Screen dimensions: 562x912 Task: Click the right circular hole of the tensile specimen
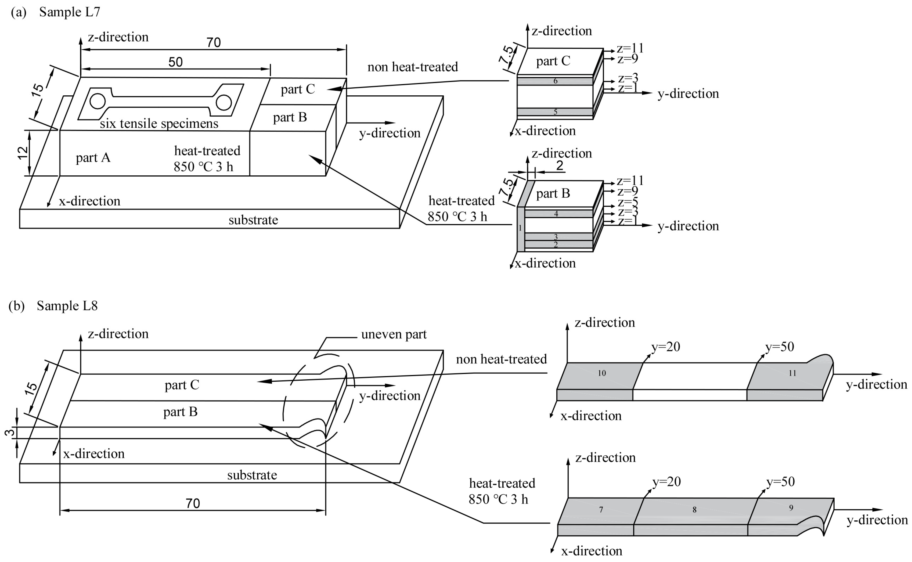click(224, 103)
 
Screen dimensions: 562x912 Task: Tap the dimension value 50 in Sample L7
click(175, 62)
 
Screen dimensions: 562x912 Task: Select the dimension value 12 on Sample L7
click(23, 153)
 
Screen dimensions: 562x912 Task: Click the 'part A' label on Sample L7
click(93, 158)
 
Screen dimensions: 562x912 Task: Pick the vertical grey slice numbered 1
click(521, 228)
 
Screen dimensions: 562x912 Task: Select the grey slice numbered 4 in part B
click(556, 214)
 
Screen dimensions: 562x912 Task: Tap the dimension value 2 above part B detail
click(559, 165)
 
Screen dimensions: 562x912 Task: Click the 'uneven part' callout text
click(394, 334)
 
